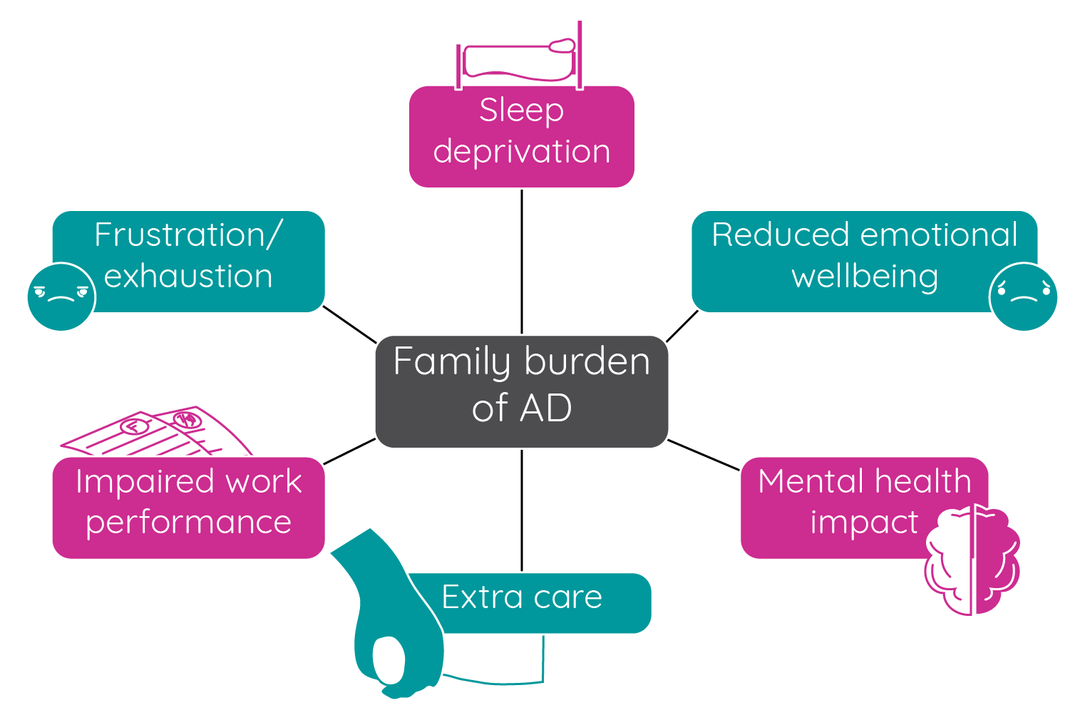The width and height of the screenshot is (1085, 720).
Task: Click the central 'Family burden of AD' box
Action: click(521, 391)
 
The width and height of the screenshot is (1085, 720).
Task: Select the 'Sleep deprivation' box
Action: click(521, 136)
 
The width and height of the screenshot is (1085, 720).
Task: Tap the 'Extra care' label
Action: click(521, 597)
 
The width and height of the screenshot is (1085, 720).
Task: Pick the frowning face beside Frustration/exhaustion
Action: click(61, 297)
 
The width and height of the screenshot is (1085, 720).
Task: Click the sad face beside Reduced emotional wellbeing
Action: click(1023, 297)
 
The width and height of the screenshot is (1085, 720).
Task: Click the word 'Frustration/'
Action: click(188, 235)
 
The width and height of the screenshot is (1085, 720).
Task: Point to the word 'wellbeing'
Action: click(864, 277)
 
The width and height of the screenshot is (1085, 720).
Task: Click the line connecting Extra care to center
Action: click(522, 510)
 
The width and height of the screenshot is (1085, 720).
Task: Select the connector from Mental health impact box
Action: click(704, 455)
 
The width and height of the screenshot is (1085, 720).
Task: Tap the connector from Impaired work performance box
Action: click(349, 451)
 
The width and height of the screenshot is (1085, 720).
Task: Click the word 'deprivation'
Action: click(521, 152)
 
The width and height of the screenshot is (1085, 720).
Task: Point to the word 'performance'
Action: click(188, 523)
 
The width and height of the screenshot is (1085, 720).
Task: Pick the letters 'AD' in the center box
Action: click(546, 408)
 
